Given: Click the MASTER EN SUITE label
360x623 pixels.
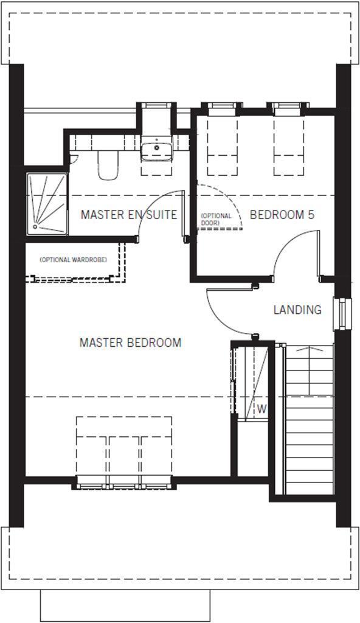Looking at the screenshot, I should [x=128, y=215].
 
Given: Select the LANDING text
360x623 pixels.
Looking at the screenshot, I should [x=297, y=310].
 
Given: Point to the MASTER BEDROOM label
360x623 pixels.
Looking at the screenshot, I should [x=130, y=343].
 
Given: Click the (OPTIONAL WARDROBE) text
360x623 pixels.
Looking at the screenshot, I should [x=73, y=260].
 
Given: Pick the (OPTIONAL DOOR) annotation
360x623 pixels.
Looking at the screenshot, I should [x=216, y=220].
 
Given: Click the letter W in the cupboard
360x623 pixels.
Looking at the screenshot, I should [x=261, y=409].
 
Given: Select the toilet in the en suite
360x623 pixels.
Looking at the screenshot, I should [x=108, y=165].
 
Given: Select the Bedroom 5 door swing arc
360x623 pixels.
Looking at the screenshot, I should [x=292, y=249].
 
